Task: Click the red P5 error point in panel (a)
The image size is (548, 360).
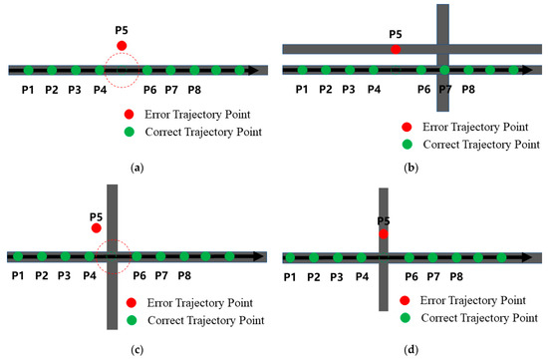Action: click(122, 46)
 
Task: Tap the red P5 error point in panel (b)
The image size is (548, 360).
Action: click(396, 48)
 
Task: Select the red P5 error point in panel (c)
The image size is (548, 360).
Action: click(96, 228)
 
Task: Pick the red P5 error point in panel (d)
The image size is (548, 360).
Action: click(383, 233)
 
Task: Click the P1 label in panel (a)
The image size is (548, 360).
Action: click(28, 90)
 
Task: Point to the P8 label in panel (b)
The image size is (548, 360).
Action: click(467, 90)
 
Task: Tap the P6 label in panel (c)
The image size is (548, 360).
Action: click(138, 274)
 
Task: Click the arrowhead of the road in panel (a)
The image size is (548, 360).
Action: click(258, 70)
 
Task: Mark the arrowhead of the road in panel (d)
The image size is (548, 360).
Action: click(536, 257)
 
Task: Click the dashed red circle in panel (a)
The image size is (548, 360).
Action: click(123, 70)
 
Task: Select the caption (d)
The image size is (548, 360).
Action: click(411, 347)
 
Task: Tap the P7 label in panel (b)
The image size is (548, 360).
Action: click(445, 90)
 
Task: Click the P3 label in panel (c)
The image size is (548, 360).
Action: click(64, 274)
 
